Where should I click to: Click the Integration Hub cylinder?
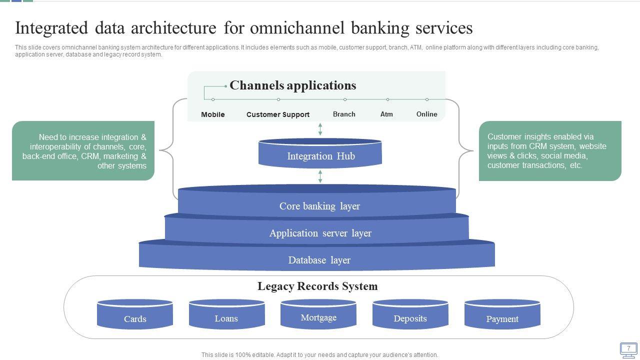tap(320, 154)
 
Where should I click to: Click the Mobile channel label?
tap(213, 114)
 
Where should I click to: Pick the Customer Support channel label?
tap(278, 114)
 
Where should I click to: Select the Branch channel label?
tap(344, 114)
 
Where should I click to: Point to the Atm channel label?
tap(386, 114)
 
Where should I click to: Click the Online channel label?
tap(427, 114)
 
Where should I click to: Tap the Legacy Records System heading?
tap(317, 286)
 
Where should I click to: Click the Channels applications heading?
tap(293, 85)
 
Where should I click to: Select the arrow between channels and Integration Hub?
tap(320, 129)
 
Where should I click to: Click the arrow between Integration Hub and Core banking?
tap(320, 176)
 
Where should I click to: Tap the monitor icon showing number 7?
tap(628, 349)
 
